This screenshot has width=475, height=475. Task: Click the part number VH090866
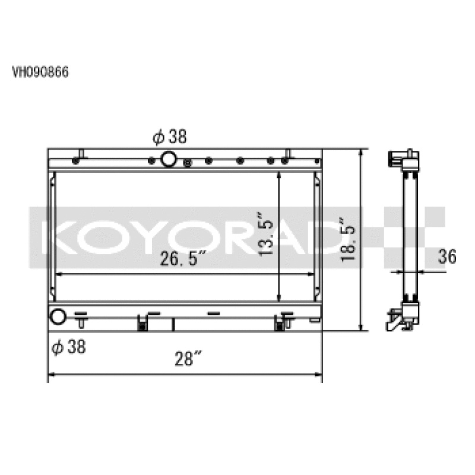click(x=40, y=72)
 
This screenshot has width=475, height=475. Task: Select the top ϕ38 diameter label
click(x=170, y=137)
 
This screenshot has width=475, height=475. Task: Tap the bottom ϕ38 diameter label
click(x=69, y=347)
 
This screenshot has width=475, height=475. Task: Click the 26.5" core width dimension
click(x=183, y=258)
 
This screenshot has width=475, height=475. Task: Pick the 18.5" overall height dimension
click(x=347, y=239)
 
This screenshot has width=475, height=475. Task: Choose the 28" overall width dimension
click(x=188, y=359)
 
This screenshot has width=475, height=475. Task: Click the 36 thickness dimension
click(x=447, y=257)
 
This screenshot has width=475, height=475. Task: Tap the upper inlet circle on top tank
click(x=169, y=159)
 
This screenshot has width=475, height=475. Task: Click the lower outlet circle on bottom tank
click(x=58, y=316)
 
